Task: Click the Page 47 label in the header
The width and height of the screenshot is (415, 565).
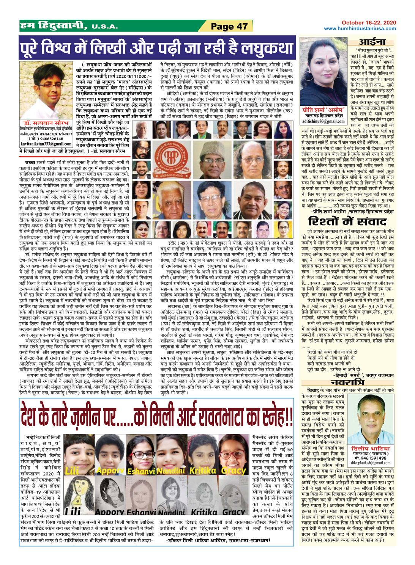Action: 229,26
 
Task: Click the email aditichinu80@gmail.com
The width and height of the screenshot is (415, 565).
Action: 323,121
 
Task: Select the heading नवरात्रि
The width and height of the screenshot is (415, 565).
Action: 348,382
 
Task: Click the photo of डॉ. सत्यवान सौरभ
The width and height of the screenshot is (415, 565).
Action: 45,91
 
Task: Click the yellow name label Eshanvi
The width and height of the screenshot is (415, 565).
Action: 141,471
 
